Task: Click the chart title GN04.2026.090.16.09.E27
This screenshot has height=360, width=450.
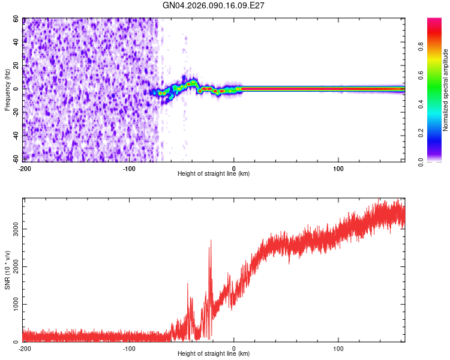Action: click(x=214, y=5)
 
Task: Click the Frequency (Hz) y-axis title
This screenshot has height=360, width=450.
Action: click(x=7, y=90)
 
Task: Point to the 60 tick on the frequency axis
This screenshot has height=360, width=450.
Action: click(x=16, y=19)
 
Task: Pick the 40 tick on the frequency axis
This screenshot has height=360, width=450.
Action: click(x=16, y=42)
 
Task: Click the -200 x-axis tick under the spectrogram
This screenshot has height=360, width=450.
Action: click(x=24, y=167)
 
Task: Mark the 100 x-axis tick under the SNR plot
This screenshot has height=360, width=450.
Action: click(x=338, y=348)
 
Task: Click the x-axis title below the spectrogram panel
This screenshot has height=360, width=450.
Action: click(x=214, y=174)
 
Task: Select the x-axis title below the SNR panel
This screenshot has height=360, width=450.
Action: click(x=214, y=354)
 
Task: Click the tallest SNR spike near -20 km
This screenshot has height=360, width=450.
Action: click(x=211, y=241)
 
